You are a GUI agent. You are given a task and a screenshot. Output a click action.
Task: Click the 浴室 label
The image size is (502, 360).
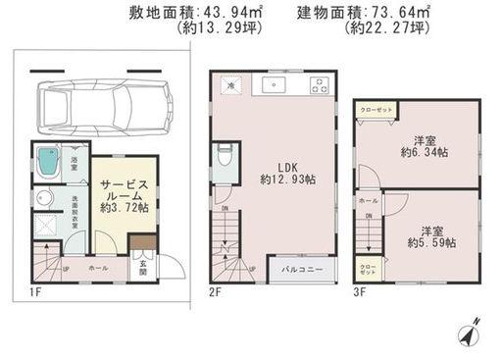(75, 158)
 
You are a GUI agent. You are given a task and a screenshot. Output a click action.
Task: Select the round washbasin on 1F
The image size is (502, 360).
(44, 198)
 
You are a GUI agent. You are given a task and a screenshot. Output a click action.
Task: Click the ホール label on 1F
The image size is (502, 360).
(98, 267)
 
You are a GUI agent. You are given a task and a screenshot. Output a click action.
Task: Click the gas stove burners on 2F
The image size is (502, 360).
(319, 85)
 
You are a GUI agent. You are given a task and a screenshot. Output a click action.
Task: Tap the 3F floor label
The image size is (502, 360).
(359, 292)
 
